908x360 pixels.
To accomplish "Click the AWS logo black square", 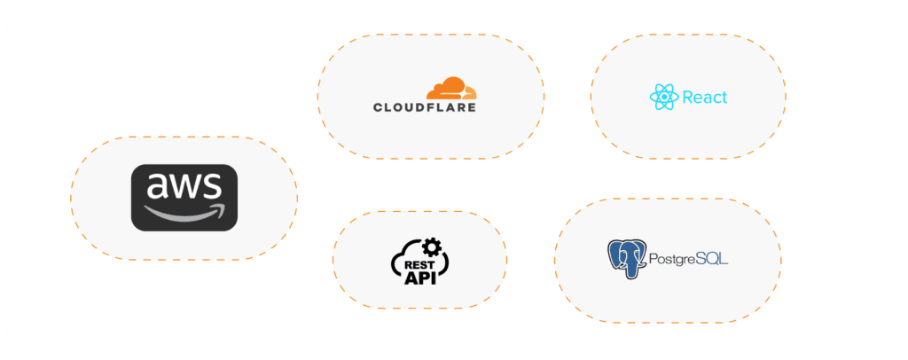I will (184, 198).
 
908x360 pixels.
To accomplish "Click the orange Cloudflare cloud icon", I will (450, 88).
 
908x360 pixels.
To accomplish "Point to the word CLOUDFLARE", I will (425, 107).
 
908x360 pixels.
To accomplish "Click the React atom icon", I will (663, 97).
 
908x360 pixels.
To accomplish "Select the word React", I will (704, 97).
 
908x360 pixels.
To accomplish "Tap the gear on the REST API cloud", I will (432, 246).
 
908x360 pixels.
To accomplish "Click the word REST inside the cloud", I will (419, 262).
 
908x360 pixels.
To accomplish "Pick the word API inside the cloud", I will (419, 278).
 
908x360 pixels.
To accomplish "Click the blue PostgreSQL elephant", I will (626, 259).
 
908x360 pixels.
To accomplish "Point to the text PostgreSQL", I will (688, 260).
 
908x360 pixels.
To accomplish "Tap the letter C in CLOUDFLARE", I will (379, 107).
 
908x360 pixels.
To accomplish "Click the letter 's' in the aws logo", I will (211, 185).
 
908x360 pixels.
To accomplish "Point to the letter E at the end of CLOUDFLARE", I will (471, 107).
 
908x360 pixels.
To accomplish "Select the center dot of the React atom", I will (663, 97).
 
